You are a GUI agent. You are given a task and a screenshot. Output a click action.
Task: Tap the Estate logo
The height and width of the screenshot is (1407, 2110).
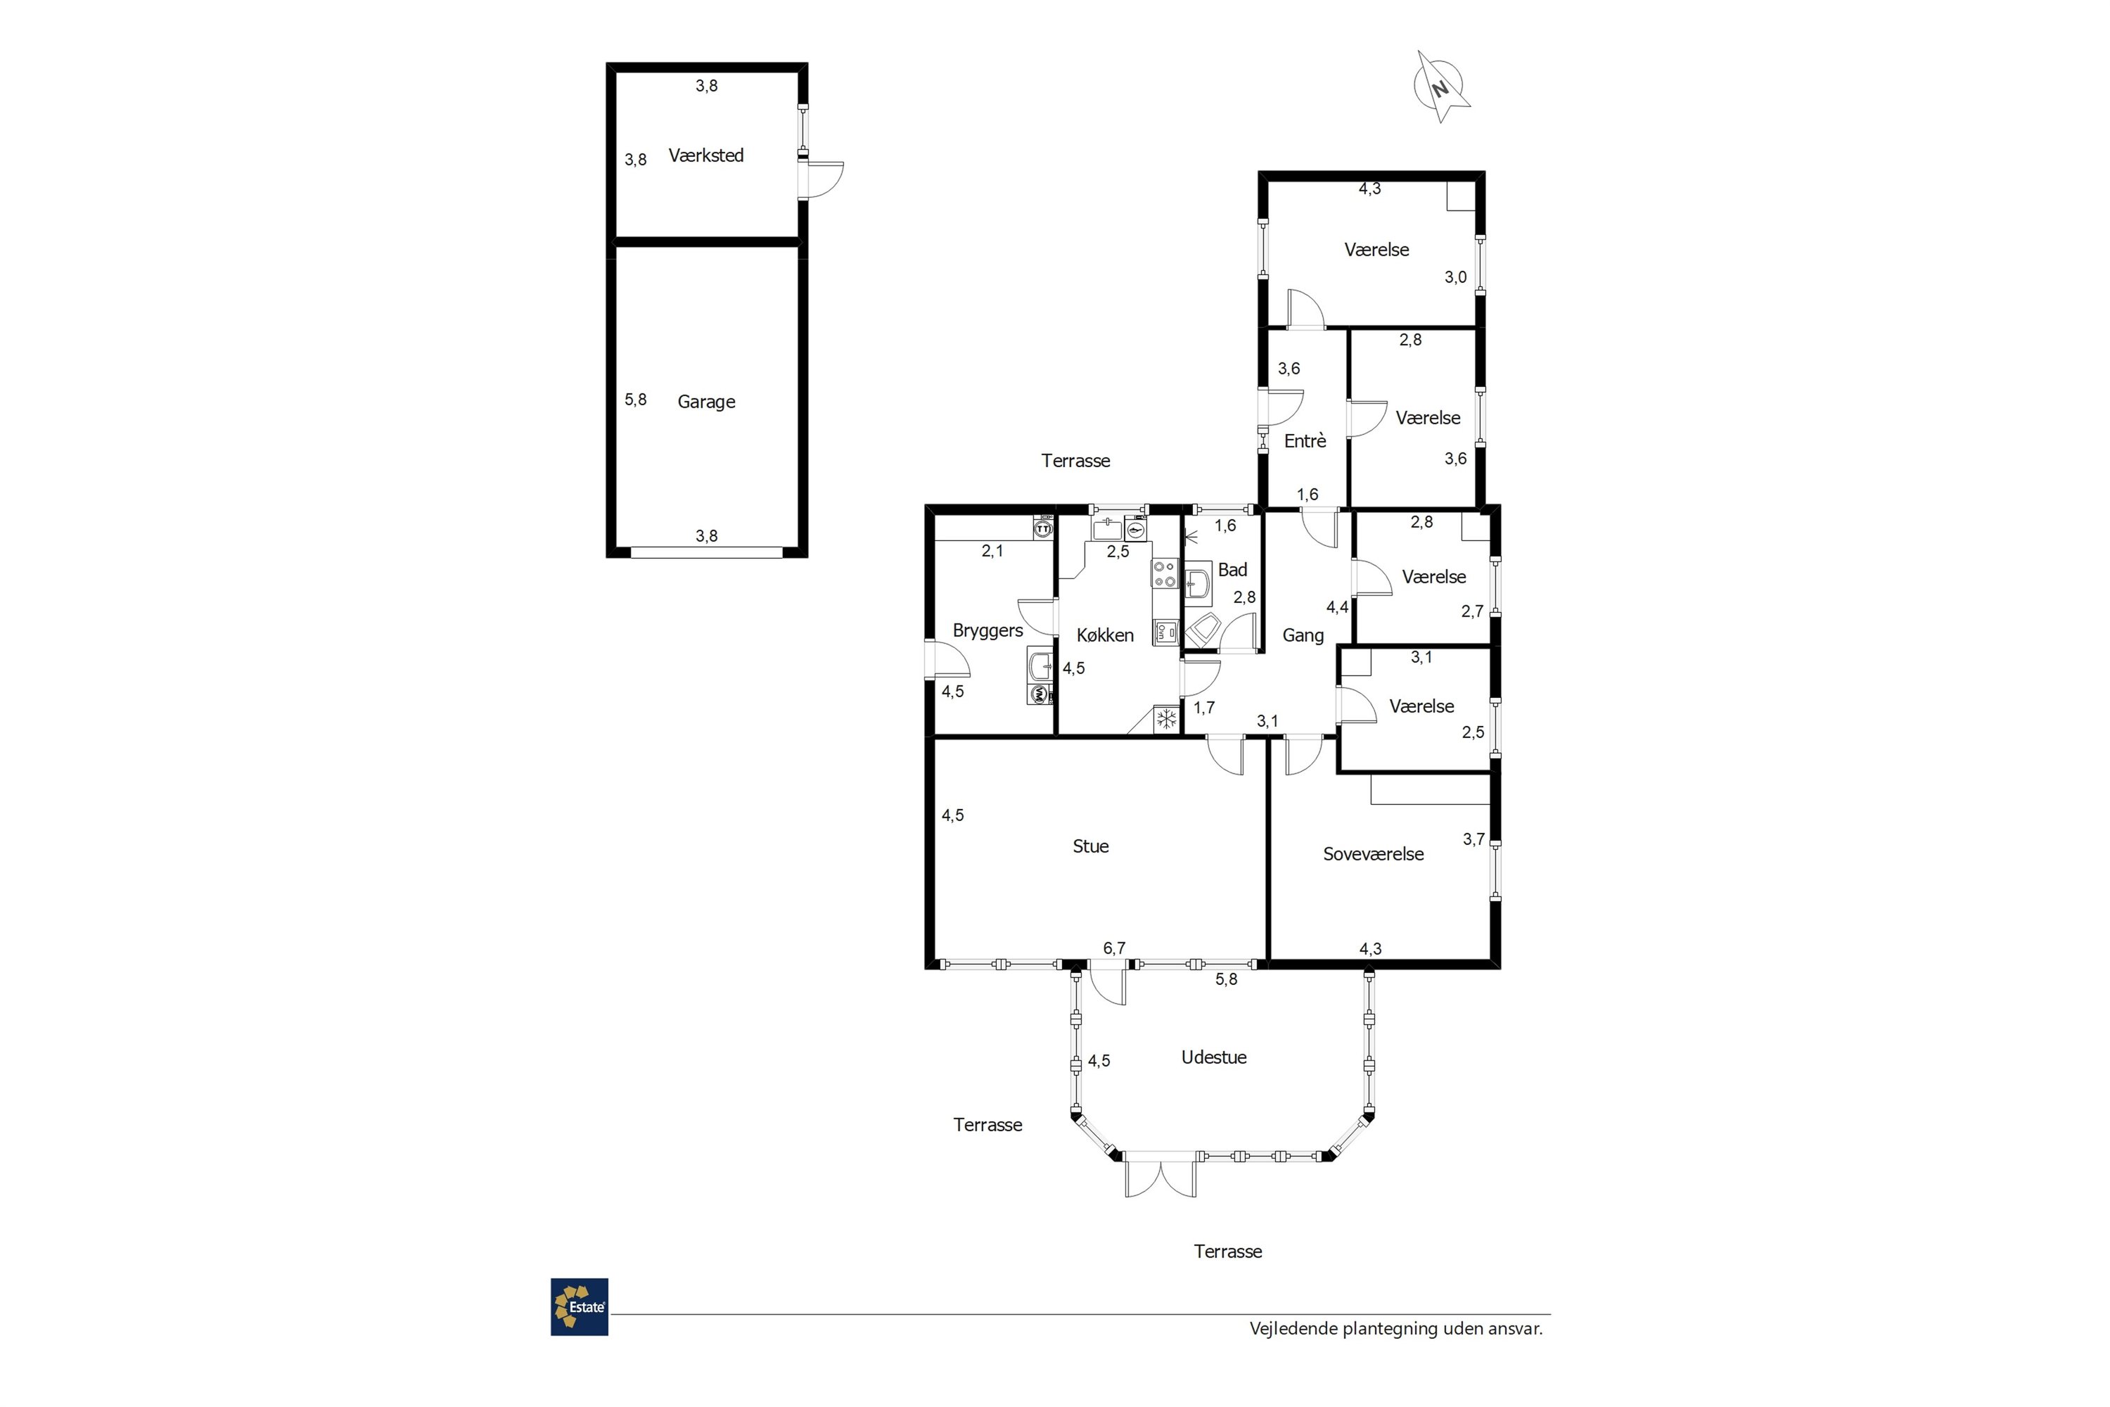[580, 1306]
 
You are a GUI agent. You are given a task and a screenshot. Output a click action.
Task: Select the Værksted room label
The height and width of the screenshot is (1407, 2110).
[706, 155]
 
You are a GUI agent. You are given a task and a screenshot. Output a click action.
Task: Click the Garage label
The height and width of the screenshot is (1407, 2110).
[706, 402]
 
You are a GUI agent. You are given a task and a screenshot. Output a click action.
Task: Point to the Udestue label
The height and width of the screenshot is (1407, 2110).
[1214, 1057]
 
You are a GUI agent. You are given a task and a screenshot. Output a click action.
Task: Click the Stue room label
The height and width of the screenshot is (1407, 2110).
[1091, 846]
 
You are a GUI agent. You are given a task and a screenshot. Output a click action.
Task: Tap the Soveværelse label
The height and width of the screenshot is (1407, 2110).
[1374, 854]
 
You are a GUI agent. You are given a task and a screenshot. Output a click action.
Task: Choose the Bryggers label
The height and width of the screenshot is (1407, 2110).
[987, 631]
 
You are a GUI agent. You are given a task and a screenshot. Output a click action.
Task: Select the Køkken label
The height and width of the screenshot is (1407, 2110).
[1105, 635]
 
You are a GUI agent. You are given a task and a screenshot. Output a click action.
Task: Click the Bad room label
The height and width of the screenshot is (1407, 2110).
[1233, 570]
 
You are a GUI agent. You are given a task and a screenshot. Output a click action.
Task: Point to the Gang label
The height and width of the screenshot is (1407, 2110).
[1303, 636]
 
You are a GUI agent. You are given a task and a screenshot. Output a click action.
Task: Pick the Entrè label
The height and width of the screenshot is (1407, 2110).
[1305, 440]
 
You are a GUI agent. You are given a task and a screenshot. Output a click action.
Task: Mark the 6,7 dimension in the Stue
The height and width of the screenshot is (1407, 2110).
[1114, 948]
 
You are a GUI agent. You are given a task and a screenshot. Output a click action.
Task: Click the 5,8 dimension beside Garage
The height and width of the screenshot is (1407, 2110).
[636, 400]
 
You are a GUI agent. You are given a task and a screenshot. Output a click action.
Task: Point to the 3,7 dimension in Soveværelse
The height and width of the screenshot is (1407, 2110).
[1474, 839]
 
